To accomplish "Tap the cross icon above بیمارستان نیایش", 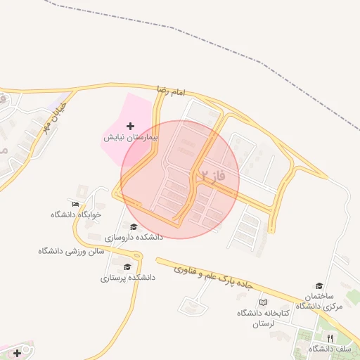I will (131, 125).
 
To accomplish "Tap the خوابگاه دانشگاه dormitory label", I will (77, 214).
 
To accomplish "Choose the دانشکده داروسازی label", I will (134, 238).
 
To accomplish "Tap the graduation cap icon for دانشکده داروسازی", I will (134, 226).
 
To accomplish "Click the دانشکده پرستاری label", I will (127, 278).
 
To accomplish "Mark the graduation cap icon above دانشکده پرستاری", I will (127, 266).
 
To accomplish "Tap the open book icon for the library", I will (263, 302).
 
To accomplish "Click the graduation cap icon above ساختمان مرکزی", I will (320, 285).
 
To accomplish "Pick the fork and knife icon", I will (328, 338).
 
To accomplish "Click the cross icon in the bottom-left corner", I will (16, 353).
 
